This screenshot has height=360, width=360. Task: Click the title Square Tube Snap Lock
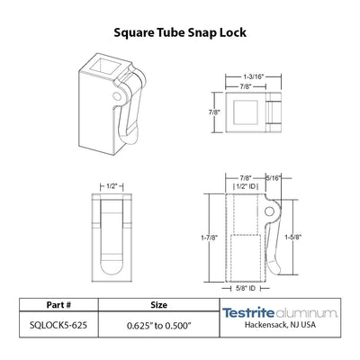180,32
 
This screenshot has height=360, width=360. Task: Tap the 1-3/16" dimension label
254,76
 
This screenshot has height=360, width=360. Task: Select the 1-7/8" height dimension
209,238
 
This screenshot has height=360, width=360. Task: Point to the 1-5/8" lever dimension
292,237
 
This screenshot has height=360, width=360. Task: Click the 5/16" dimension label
274,178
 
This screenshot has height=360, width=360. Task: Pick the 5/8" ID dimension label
246,288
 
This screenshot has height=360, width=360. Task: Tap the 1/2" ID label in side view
246,186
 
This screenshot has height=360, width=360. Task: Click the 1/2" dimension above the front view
112,186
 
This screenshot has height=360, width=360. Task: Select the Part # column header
58,305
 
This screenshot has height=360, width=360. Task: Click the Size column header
159,305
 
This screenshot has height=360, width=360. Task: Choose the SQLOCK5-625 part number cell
58,325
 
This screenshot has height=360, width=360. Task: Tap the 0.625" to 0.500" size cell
159,325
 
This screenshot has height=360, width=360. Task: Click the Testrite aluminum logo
280,313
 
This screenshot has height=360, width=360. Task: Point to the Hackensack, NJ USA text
280,325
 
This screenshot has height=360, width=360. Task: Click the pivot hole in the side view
269,211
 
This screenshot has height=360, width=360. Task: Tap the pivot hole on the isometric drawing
117,96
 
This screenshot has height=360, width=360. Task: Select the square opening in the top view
246,112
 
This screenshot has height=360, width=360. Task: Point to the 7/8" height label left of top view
214,112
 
